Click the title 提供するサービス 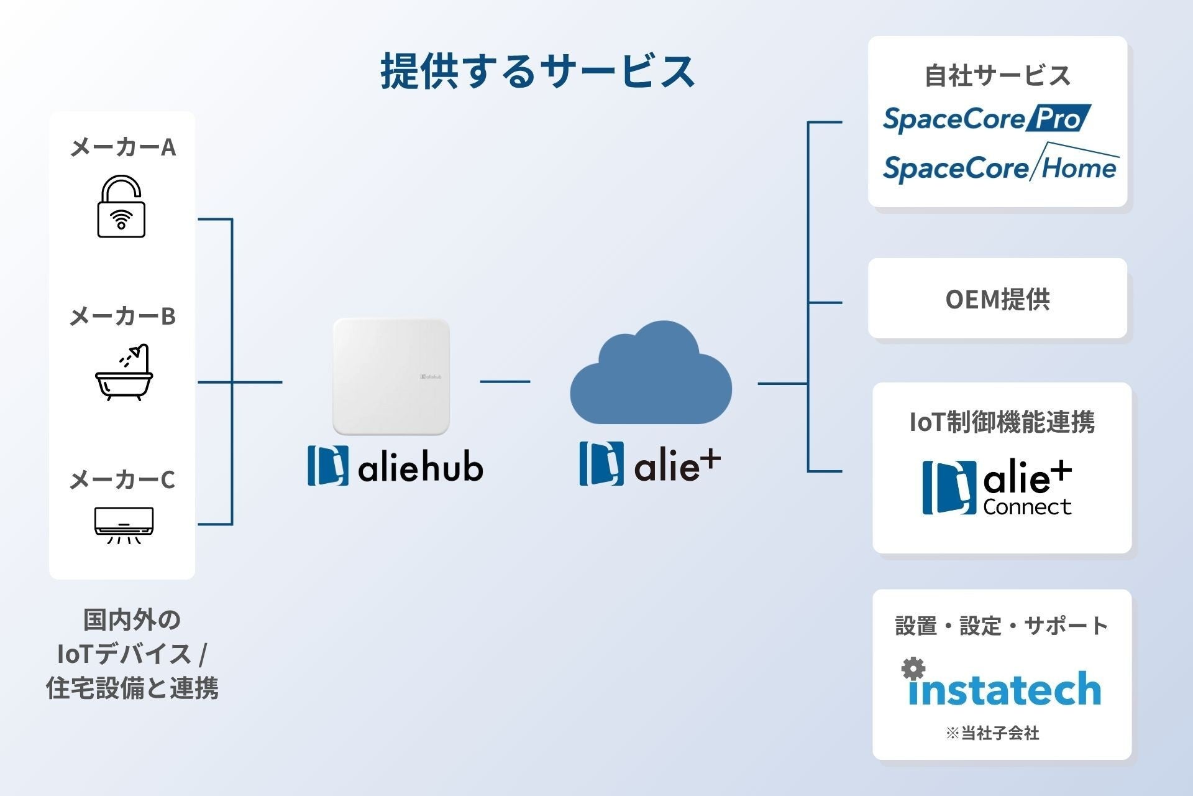[537, 71]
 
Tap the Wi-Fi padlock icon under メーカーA [121, 206]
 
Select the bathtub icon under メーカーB [124, 372]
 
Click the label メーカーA [123, 147]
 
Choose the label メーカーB [122, 317]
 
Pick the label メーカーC [122, 479]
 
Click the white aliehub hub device [391, 377]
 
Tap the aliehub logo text [395, 465]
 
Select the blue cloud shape [651, 373]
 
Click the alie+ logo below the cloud [650, 463]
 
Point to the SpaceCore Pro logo [987, 118]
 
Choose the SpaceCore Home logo [1001, 163]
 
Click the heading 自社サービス [997, 76]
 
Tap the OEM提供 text [997, 299]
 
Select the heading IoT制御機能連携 [1002, 422]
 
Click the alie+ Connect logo [997, 488]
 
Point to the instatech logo [1001, 682]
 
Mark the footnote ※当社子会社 [992, 734]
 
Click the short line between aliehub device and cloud [505, 381]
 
